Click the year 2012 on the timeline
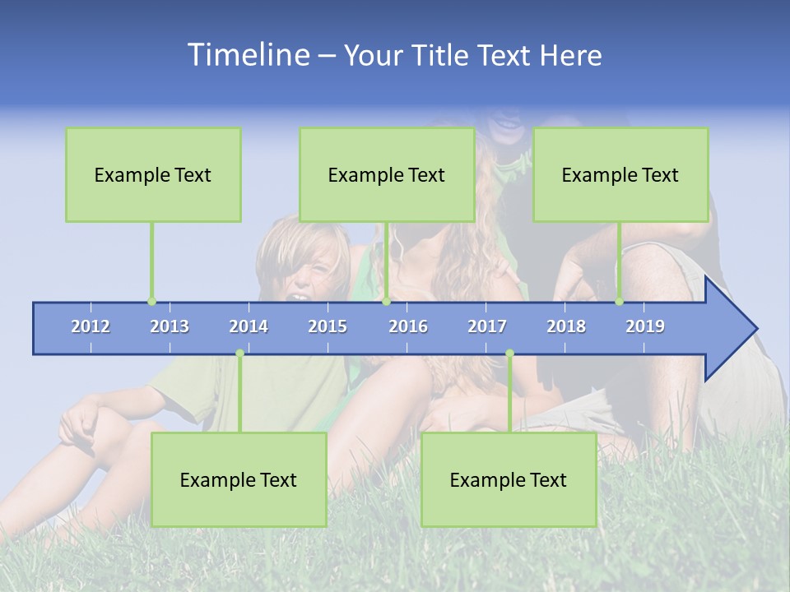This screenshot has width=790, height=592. [91, 326]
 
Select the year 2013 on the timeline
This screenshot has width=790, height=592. [170, 326]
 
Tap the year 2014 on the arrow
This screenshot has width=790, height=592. [249, 326]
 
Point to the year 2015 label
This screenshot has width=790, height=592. [328, 326]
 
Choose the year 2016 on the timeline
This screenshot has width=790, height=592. [408, 326]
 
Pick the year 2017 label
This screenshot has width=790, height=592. [487, 326]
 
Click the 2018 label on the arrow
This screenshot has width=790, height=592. [566, 326]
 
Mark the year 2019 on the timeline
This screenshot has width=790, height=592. [645, 326]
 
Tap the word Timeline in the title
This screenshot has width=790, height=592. [247, 55]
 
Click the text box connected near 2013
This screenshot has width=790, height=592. [153, 174]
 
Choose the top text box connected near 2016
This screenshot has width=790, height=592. [387, 174]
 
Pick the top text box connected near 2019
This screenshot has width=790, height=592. [620, 174]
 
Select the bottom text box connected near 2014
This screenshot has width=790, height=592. [239, 479]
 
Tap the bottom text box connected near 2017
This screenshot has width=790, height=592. [509, 479]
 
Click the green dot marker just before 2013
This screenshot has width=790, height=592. [151, 302]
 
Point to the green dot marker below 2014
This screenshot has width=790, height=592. [239, 354]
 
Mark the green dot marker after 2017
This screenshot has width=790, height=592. [509, 354]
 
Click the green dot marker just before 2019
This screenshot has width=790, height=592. [619, 302]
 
